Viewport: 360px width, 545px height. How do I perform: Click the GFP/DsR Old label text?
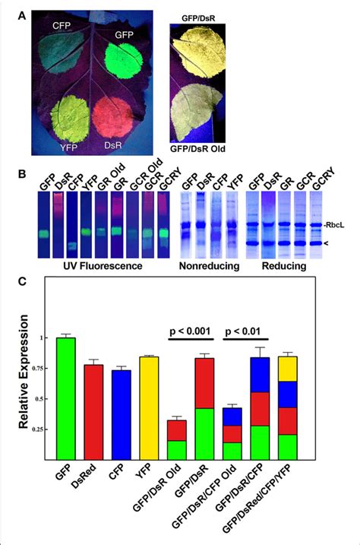[x=197, y=160]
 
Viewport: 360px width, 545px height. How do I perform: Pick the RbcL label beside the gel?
[x=343, y=225]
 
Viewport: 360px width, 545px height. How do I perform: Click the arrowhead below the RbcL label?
[x=338, y=244]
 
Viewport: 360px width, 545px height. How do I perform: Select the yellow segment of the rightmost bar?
[x=289, y=369]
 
